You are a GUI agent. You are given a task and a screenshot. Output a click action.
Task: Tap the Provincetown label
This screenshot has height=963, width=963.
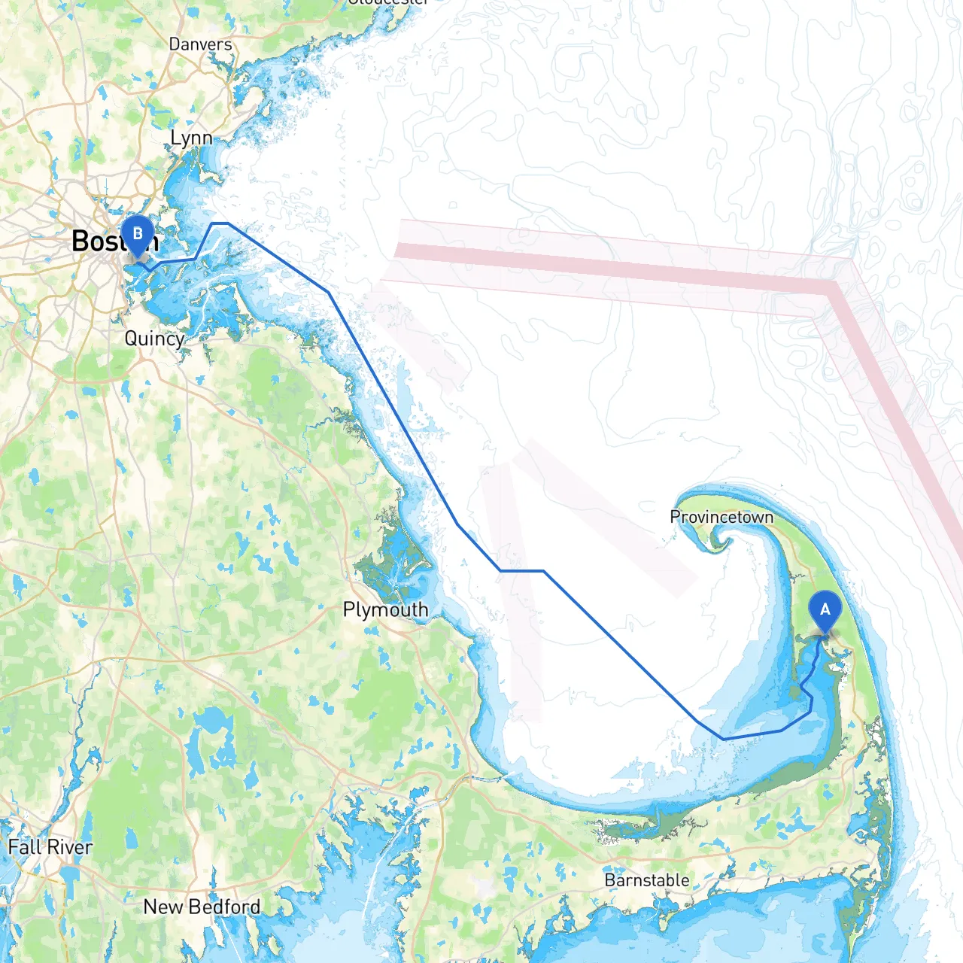[721, 517]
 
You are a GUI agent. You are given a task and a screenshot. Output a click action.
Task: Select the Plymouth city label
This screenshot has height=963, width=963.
[385, 609]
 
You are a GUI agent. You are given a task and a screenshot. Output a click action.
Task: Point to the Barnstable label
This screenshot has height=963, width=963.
[646, 880]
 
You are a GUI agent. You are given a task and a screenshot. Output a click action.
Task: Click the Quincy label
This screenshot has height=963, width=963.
[154, 339]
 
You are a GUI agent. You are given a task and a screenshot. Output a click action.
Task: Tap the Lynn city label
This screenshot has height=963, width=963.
[191, 138]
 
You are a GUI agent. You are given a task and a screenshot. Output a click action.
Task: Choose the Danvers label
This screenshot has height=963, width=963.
[200, 44]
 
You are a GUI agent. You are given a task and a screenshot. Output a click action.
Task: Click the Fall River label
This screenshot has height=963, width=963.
[50, 847]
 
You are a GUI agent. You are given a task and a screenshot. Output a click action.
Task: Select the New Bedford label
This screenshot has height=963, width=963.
[202, 907]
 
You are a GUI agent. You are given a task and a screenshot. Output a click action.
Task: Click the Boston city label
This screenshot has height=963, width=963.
[105, 242]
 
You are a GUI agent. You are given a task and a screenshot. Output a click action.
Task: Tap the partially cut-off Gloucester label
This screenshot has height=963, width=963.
[387, 2]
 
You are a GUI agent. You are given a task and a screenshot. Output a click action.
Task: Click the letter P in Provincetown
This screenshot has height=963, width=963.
[675, 517]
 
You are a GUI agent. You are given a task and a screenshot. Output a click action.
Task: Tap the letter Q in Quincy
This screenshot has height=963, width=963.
[131, 339]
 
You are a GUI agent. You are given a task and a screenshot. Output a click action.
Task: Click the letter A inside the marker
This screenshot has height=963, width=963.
[825, 609]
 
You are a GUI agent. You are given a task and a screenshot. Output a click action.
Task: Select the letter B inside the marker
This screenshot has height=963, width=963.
[138, 233]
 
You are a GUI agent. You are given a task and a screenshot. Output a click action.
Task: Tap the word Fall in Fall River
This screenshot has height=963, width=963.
[23, 847]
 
